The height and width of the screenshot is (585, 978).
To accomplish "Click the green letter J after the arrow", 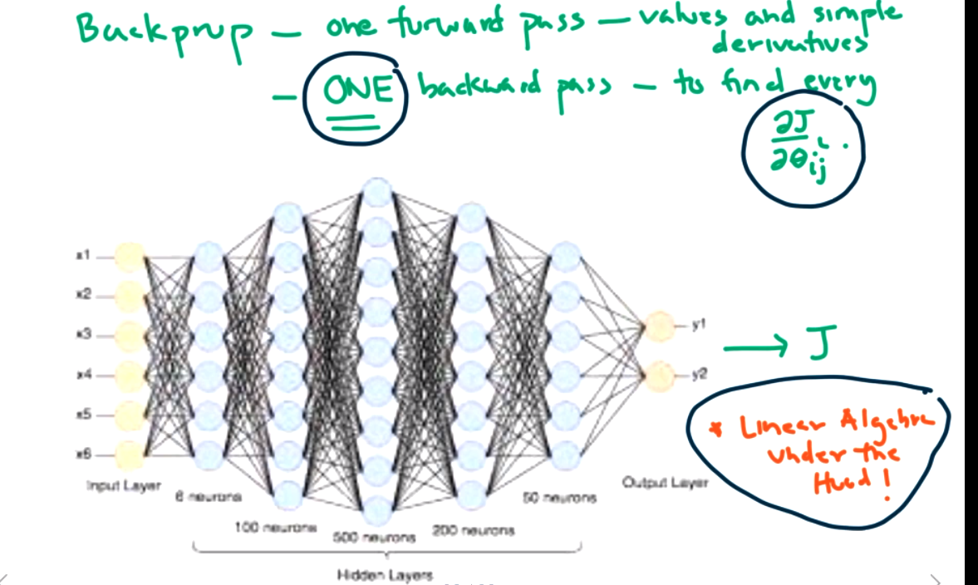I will point(818,342).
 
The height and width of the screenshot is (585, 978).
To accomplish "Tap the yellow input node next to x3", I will point(130,336).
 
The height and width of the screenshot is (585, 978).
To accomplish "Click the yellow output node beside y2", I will point(659,376).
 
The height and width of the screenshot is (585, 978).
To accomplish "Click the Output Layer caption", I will point(665,483).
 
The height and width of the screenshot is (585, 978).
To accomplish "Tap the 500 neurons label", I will point(374,538).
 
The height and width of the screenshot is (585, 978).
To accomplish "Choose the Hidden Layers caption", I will point(384,574).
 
